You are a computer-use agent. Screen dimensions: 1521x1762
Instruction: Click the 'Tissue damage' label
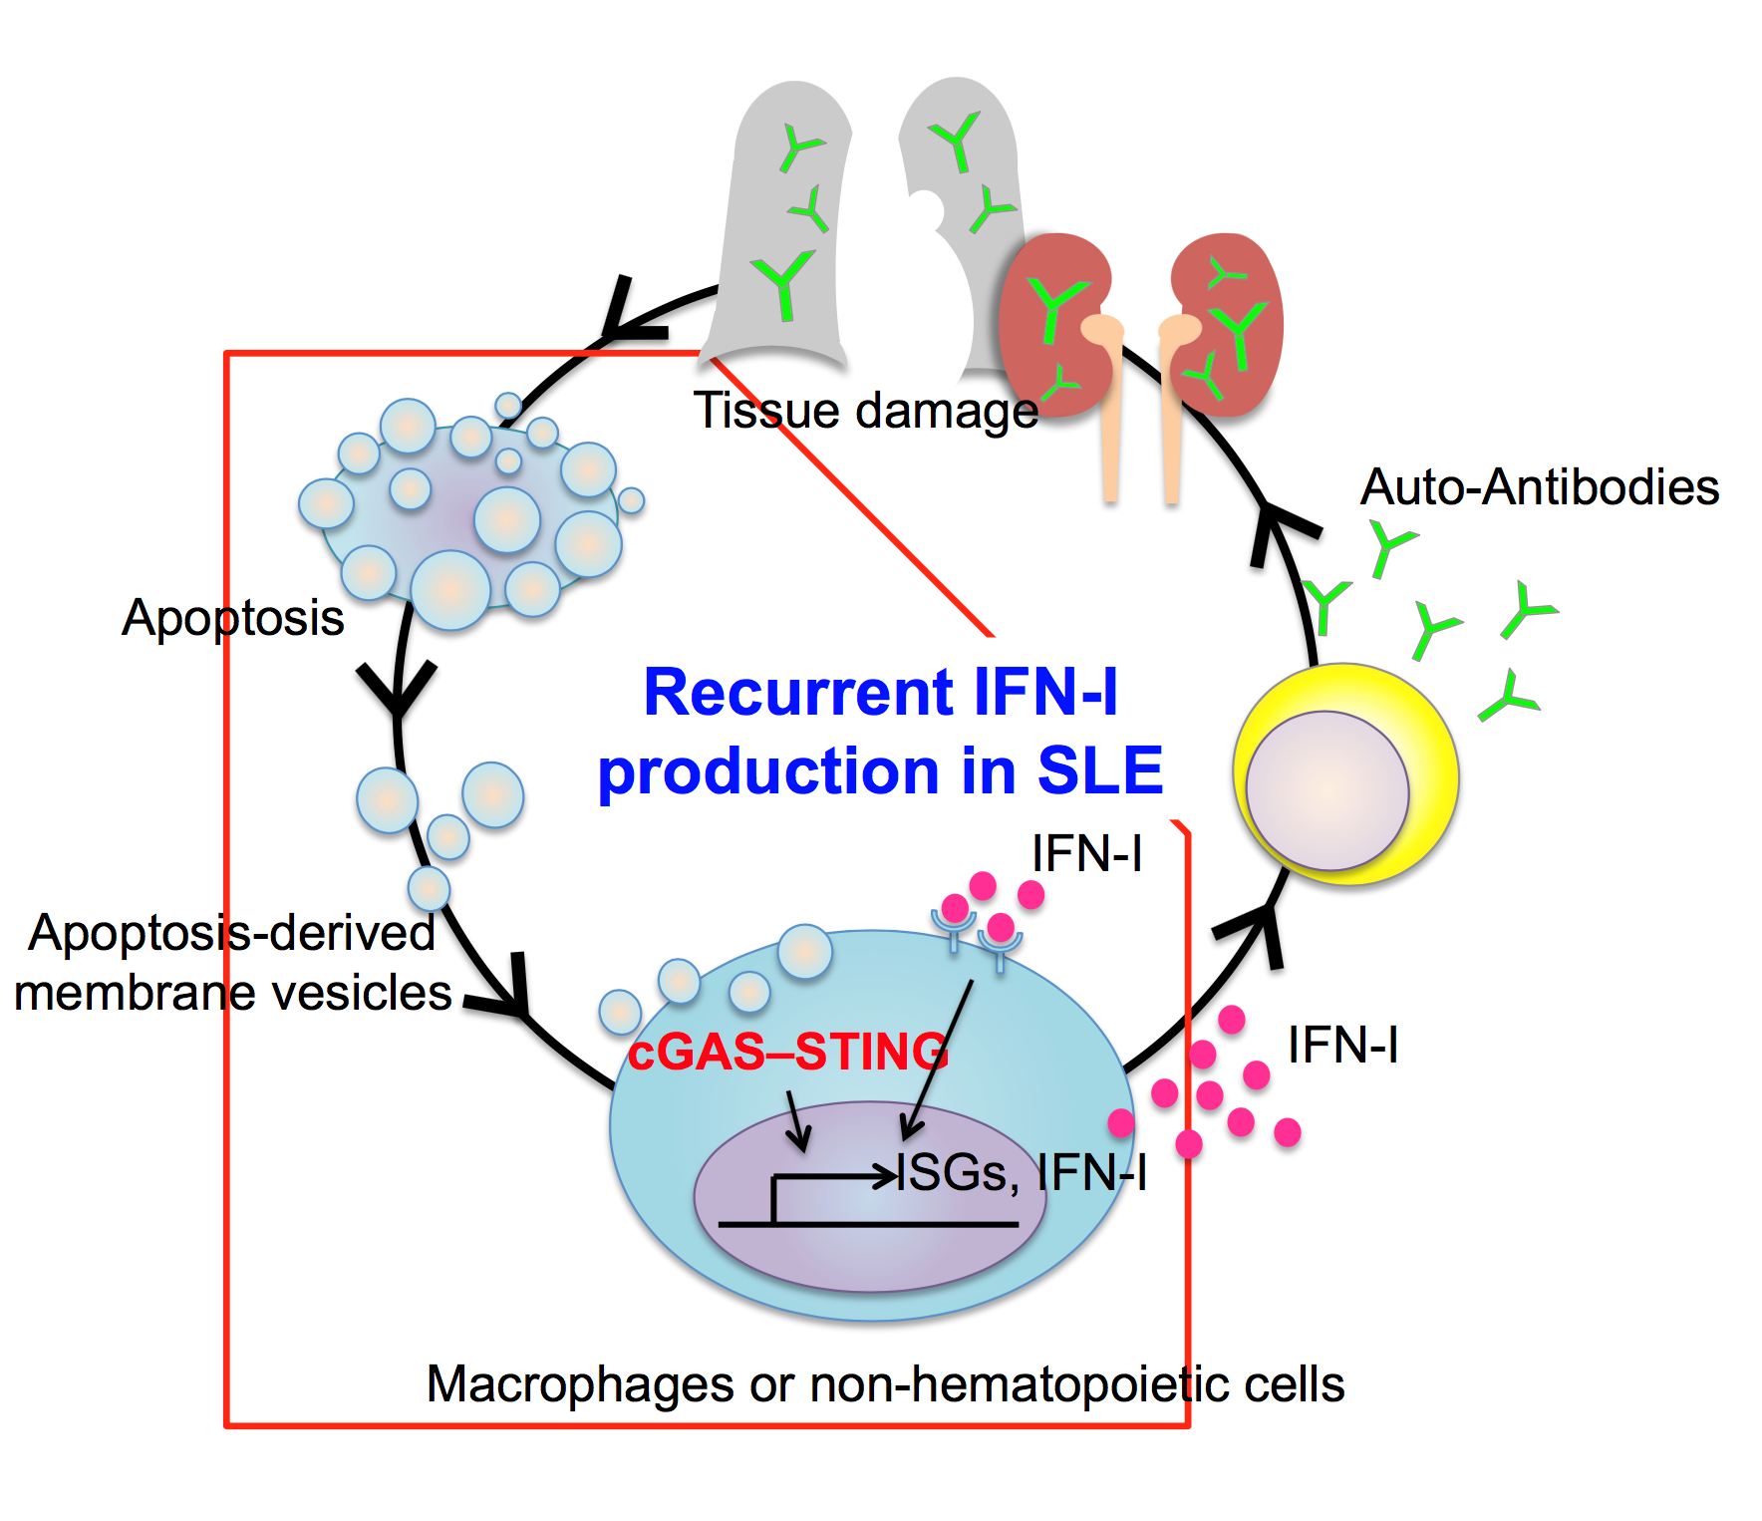[865, 411]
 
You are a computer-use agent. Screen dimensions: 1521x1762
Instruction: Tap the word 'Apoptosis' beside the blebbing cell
[232, 618]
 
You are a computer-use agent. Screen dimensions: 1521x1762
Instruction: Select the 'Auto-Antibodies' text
[1540, 487]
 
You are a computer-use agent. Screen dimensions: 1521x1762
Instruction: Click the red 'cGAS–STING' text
[787, 1052]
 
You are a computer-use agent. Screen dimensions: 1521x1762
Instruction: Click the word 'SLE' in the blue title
[1100, 770]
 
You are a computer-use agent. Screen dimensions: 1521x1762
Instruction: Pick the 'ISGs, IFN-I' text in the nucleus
[1022, 1172]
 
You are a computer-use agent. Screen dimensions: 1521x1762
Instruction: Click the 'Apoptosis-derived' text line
[231, 934]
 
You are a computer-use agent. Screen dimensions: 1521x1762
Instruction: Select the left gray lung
[782, 219]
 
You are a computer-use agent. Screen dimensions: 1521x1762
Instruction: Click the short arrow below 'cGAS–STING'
[797, 1121]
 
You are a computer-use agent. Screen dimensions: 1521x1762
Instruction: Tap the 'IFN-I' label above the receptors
[1086, 854]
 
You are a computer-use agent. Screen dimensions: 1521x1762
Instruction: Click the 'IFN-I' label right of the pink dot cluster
[1342, 1046]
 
